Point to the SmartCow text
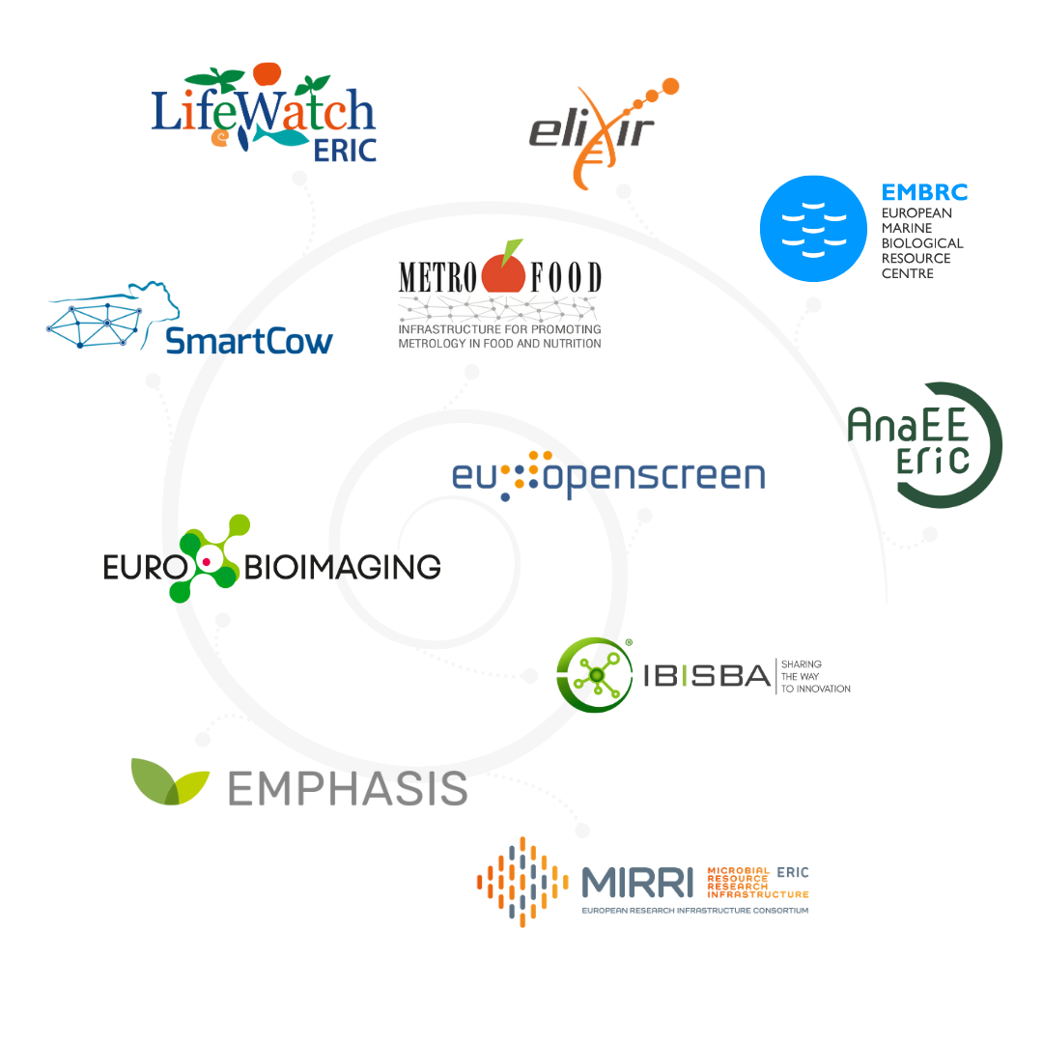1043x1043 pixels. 249,341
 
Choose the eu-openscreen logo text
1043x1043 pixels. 608,475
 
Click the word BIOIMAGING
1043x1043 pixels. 343,566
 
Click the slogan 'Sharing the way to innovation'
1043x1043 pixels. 815,676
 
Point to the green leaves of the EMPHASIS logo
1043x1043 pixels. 170,780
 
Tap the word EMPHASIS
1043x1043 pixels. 348,788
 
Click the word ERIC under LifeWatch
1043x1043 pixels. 345,150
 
